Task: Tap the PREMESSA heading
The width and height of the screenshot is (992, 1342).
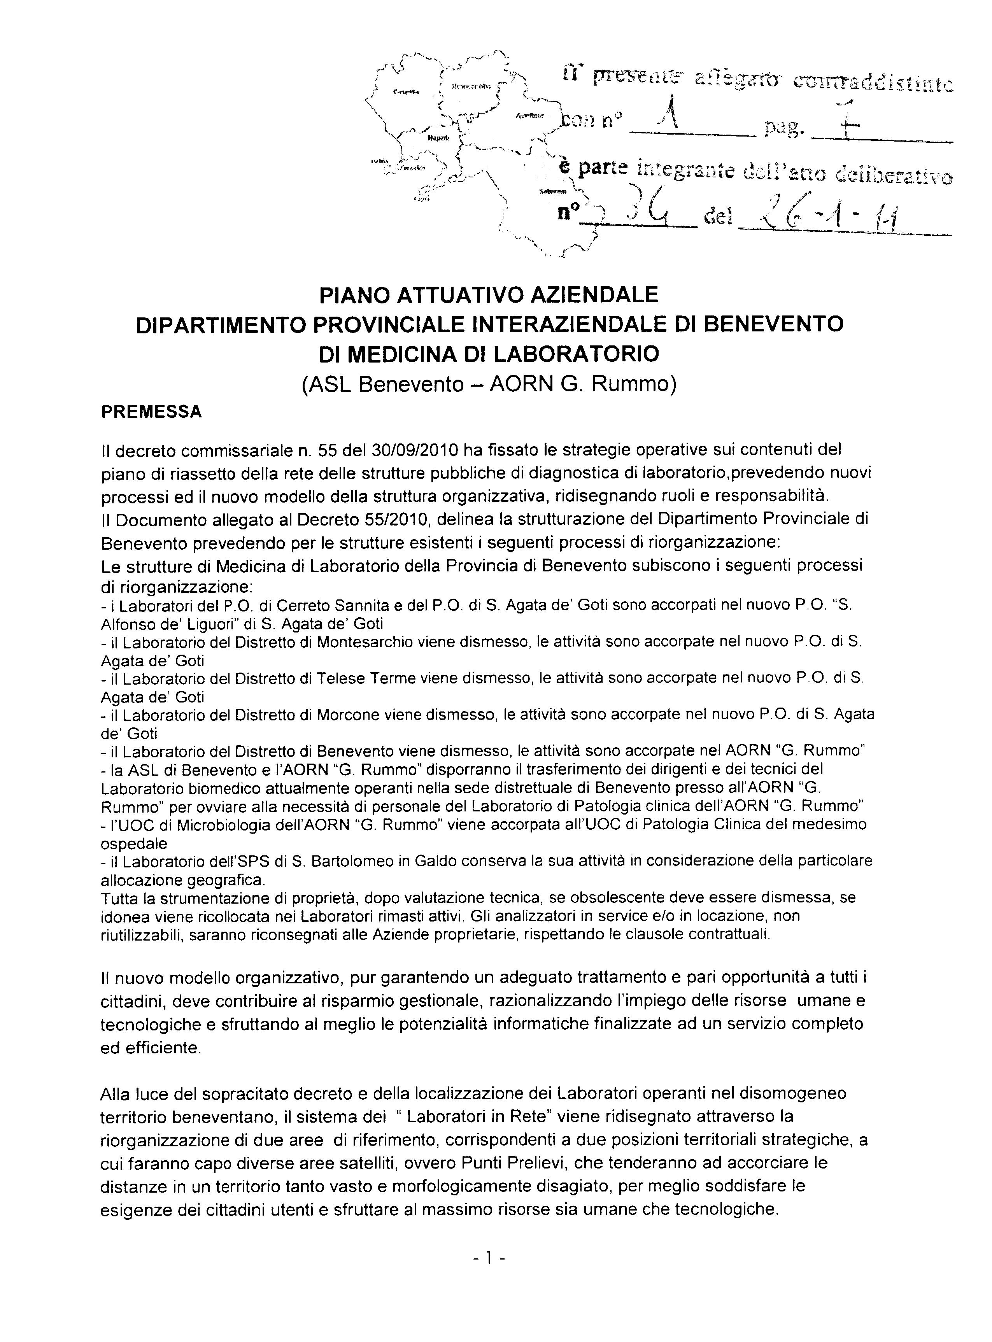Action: pyautogui.click(x=151, y=412)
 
